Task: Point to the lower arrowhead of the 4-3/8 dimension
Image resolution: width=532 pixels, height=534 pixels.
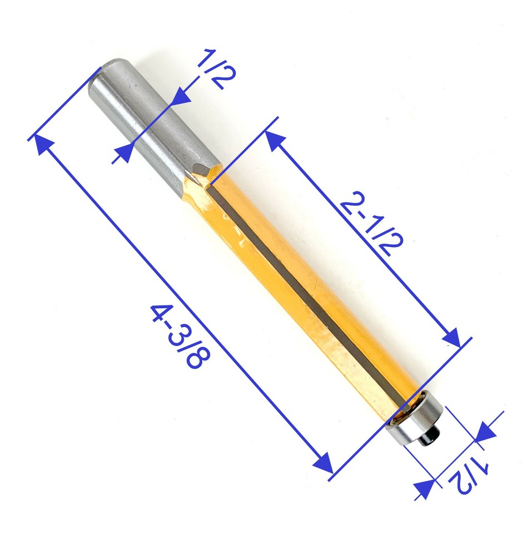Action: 323,463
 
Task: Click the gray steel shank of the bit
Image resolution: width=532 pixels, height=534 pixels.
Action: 150,128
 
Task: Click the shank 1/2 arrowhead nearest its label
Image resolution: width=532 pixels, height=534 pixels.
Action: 181,99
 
